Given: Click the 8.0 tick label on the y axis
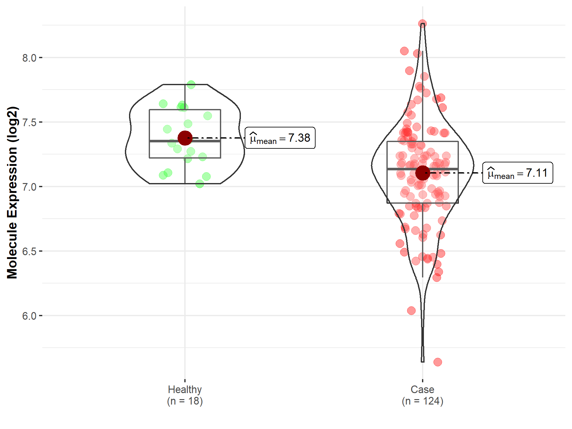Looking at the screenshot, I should coord(29,58).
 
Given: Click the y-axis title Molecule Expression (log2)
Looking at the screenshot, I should coord(12,193).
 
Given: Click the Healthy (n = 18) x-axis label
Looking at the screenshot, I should coord(185,395).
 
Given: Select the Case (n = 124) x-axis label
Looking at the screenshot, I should coord(422,395).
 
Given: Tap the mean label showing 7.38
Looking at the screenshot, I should coord(280,138).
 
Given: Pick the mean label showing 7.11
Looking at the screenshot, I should coord(518,173).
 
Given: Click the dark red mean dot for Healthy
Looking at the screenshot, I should coord(185,138).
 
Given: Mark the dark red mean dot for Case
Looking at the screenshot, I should coord(423,173).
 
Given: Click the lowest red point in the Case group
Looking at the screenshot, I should coord(438,362).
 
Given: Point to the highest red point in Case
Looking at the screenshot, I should coord(422,24).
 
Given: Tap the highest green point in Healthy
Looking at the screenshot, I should coord(191,85).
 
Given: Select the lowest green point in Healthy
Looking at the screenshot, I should coord(200,184).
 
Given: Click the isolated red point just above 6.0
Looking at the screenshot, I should coord(411,310).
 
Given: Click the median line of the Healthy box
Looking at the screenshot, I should coord(165,141).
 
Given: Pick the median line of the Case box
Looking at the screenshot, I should coord(400,169).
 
